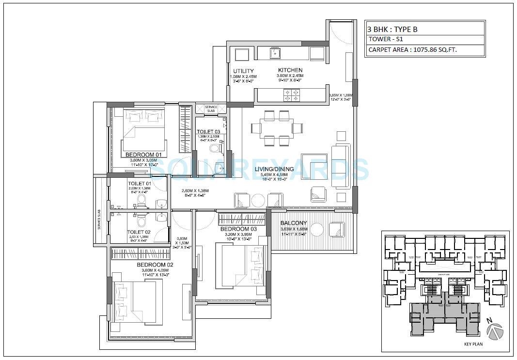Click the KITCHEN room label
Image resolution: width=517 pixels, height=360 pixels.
pyautogui.click(x=290, y=70)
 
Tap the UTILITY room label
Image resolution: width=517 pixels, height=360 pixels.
pyautogui.click(x=243, y=71)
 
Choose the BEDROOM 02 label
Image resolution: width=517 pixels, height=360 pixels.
pyautogui.click(x=155, y=265)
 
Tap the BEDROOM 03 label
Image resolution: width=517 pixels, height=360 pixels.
pyautogui.click(x=238, y=229)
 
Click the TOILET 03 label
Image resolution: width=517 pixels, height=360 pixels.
pyautogui.click(x=208, y=132)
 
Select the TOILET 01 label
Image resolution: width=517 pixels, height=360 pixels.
pyautogui.click(x=140, y=183)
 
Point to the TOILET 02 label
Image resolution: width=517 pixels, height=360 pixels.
pyautogui.click(x=139, y=232)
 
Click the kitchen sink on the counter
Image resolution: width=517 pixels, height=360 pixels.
pyautogui.click(x=276, y=53)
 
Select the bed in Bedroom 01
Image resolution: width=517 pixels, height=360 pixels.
pyautogui.click(x=143, y=128)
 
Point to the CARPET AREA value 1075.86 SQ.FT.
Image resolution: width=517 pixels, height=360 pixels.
pyautogui.click(x=413, y=50)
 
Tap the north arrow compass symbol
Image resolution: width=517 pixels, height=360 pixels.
pyautogui.click(x=494, y=331)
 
